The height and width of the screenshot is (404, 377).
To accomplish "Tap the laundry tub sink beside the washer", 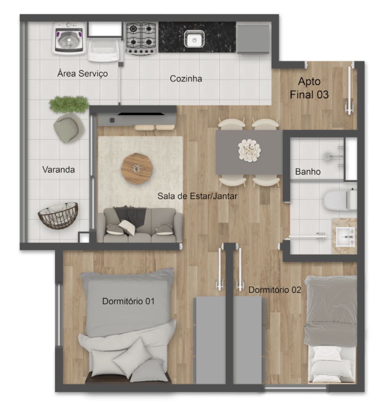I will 104,50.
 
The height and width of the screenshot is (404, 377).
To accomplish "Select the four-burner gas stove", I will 141,38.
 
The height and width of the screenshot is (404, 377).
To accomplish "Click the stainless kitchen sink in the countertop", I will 194,39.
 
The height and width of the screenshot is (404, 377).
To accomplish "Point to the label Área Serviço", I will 83,74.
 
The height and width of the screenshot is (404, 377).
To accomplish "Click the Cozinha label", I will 186,79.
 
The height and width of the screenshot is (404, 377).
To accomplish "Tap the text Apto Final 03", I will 309,88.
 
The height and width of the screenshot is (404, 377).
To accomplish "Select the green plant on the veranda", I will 69,104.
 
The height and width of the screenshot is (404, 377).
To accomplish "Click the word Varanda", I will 58,170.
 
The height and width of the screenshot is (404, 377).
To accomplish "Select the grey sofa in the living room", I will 139,225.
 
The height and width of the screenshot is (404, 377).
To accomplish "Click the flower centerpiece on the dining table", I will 249,150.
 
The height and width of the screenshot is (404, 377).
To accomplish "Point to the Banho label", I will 307,172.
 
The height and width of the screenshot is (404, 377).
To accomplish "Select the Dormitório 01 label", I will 128,301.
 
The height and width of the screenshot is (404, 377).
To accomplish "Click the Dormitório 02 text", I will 275,290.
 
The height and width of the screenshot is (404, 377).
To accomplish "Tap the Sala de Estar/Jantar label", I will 197,196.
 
